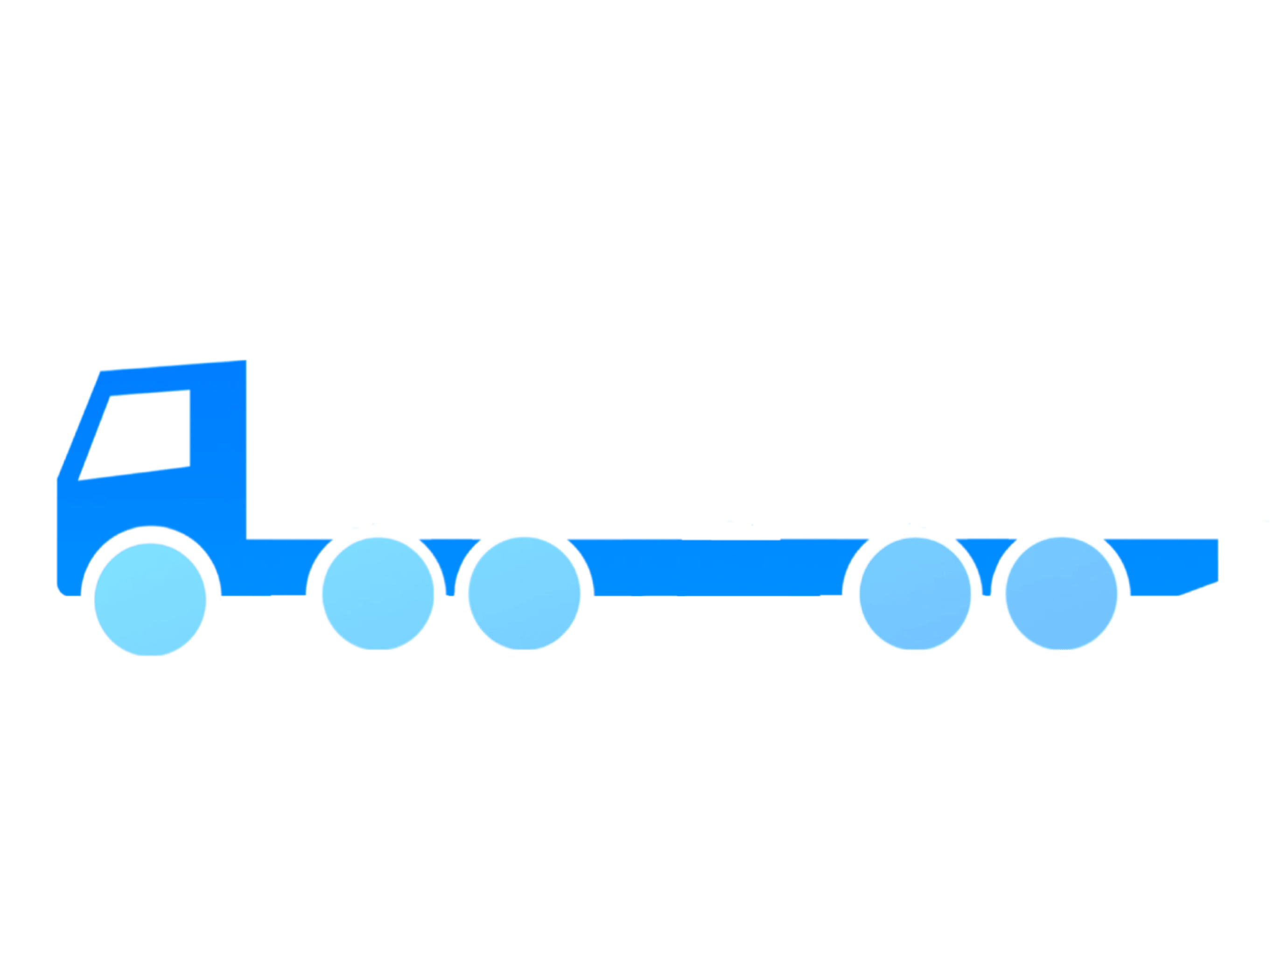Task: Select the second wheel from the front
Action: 378,593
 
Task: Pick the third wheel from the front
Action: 524,593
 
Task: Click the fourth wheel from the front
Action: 915,593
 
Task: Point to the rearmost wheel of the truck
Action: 1061,593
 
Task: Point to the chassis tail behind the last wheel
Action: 1170,565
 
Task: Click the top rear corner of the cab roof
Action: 246,361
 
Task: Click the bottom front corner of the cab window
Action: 82,478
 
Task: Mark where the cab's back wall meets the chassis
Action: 248,537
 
